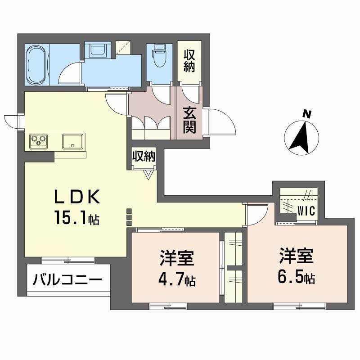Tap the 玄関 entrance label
point(189,120)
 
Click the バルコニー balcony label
point(66,281)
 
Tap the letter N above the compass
point(307,114)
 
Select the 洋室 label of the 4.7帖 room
point(176,260)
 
